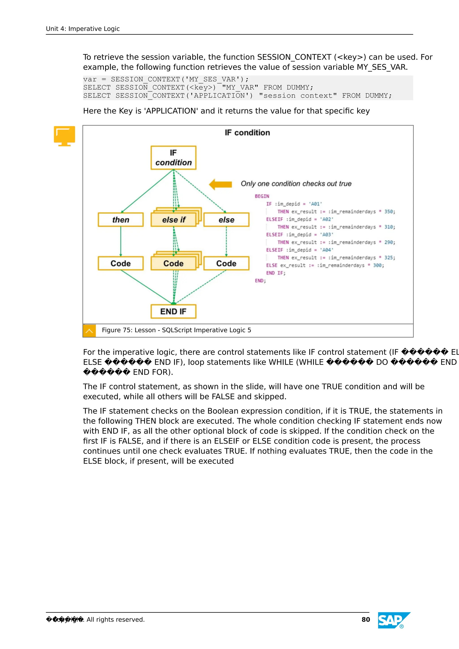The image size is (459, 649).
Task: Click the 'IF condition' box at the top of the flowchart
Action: click(173, 158)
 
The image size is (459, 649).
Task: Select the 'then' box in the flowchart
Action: click(121, 220)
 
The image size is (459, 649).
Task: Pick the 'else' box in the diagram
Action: click(226, 220)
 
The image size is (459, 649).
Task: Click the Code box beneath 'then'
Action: click(121, 263)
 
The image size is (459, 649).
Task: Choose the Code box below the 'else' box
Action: click(226, 263)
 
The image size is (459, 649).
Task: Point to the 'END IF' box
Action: click(173, 311)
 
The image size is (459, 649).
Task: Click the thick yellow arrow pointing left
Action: click(221, 184)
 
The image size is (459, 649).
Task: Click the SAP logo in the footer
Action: click(394, 620)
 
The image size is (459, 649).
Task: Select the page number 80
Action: click(366, 620)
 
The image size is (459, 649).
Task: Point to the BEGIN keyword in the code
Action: click(262, 196)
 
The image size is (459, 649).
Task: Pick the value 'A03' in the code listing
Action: click(327, 235)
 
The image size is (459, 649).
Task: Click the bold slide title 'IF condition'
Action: click(247, 133)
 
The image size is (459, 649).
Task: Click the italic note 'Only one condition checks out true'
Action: click(296, 184)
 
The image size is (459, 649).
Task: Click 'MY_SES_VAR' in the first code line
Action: click(210, 80)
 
